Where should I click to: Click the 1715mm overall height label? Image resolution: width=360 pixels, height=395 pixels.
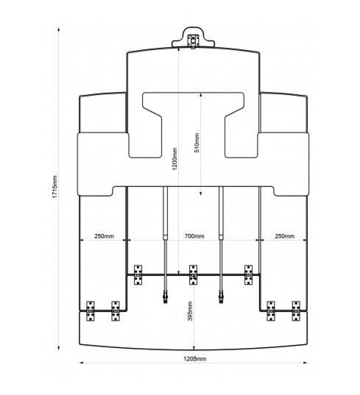(x=55, y=187)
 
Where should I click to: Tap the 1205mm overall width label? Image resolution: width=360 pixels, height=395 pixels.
(x=194, y=359)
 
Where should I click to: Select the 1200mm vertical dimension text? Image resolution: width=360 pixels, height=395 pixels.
(x=174, y=159)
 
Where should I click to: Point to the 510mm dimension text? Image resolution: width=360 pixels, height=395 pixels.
(x=197, y=143)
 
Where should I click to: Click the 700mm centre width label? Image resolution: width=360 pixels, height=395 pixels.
(x=194, y=236)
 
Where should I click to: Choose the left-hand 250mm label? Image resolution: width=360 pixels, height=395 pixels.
(x=104, y=236)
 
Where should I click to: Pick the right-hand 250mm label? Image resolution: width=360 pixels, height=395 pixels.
(x=285, y=236)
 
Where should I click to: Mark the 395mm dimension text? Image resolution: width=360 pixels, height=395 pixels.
(x=191, y=311)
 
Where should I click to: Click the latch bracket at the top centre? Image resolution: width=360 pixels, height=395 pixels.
(x=193, y=41)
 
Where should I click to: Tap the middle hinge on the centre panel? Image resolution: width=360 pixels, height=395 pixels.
(x=193, y=275)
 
